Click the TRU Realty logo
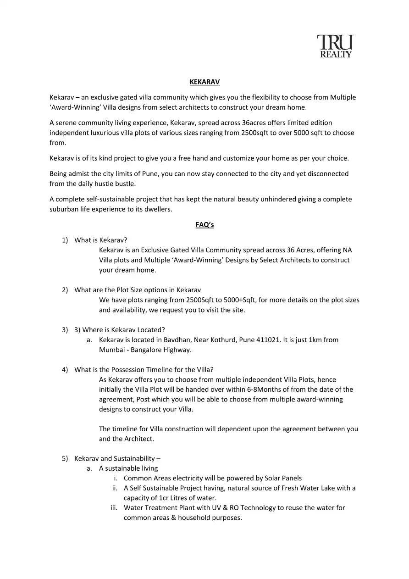point(335,46)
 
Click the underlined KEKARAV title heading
point(204,82)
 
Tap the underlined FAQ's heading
point(204,225)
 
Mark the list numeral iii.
point(114,508)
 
